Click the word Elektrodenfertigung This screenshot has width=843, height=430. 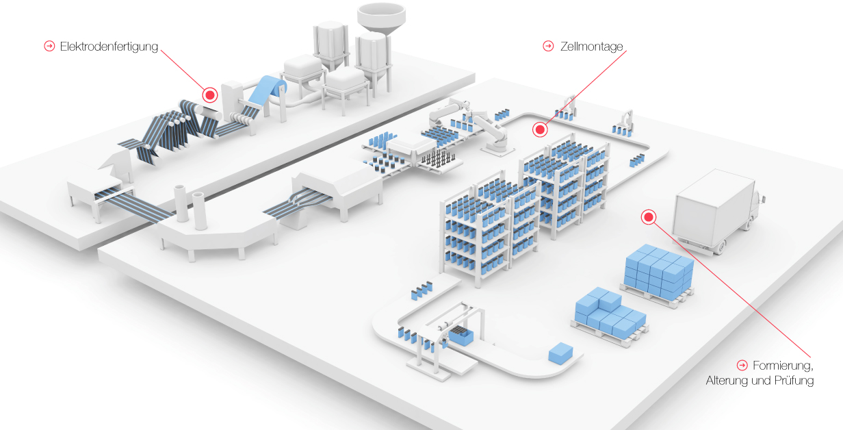(109, 47)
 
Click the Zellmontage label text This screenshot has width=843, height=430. (591, 47)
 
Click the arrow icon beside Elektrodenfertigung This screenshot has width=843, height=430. (49, 47)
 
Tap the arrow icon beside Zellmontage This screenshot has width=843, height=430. (548, 47)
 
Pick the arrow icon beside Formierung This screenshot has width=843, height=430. (742, 365)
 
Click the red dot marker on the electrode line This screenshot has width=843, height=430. (210, 95)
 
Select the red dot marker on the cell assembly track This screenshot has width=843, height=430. (540, 129)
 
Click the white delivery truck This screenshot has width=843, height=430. (715, 212)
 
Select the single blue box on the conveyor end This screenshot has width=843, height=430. (560, 353)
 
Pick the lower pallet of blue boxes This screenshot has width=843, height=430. (609, 315)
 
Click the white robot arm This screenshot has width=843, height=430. (482, 127)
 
